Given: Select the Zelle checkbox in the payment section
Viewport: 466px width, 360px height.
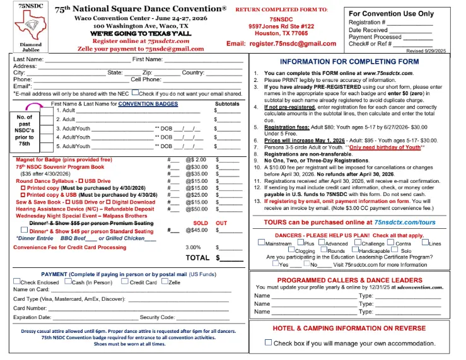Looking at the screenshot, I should click(164, 282).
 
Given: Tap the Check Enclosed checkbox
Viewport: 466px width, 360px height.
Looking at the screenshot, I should click(16, 282).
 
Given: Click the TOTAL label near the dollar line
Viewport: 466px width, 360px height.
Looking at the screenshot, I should click(197, 258).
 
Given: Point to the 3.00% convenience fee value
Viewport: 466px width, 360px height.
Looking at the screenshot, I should click(194, 247).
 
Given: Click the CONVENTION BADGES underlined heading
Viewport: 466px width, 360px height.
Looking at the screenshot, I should click(148, 103).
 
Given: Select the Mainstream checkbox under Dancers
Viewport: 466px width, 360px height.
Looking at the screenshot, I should click(261, 243).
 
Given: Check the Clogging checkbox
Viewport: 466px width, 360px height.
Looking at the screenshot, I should click(291, 250).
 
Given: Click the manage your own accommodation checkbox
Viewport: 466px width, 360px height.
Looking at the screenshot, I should click(268, 342).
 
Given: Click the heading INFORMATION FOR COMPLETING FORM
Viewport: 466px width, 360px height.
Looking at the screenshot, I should click(358, 62).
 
